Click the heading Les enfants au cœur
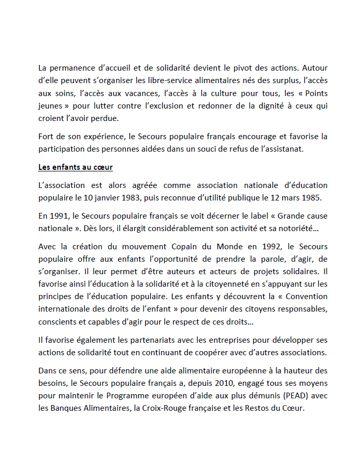tap(75, 168)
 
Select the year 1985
tap(317, 198)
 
